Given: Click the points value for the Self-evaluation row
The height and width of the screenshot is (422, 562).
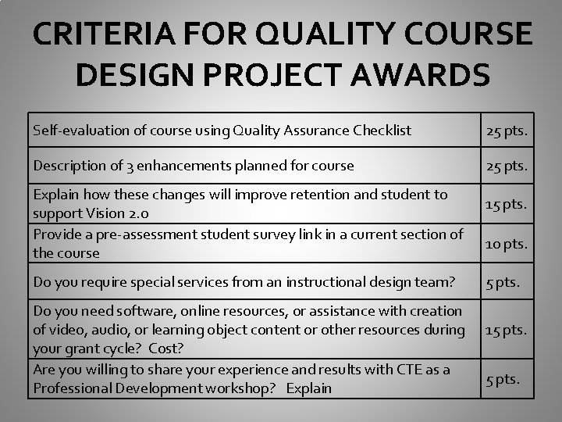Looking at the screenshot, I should [507, 131].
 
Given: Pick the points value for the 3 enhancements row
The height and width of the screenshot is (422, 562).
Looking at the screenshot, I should [507, 166].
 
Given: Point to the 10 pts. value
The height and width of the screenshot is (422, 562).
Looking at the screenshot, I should [507, 244].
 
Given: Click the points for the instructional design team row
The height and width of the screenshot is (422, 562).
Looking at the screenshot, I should [502, 281].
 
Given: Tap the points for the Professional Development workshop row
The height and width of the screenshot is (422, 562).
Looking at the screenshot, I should [502, 379].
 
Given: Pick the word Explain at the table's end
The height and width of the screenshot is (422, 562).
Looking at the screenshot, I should [309, 388].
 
